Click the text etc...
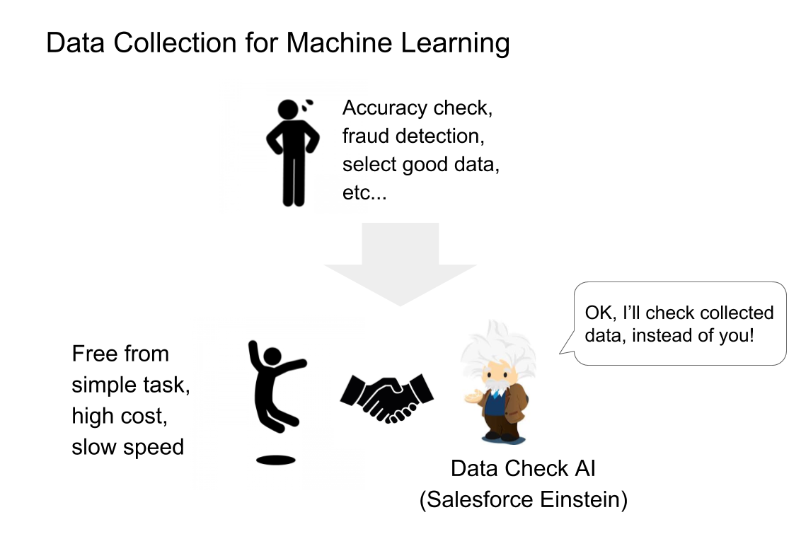(364, 193)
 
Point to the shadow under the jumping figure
(275, 460)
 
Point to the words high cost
(120, 416)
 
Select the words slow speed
(127, 447)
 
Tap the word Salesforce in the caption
(478, 499)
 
